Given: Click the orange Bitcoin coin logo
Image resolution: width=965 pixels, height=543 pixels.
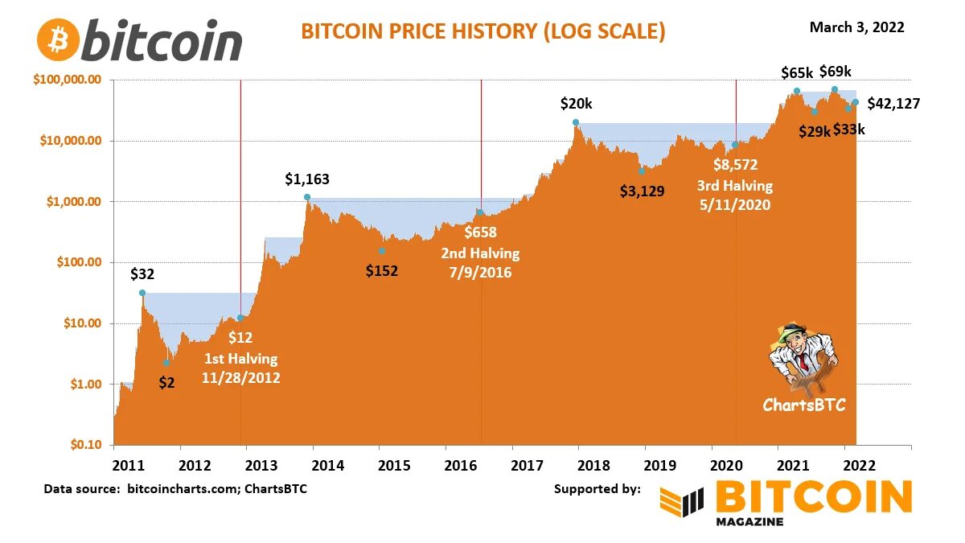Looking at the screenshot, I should point(58,39).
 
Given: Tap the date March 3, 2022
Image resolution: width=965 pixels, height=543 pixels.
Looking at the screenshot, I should point(856,27).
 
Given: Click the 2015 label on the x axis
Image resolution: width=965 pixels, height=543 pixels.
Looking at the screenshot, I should point(394,465).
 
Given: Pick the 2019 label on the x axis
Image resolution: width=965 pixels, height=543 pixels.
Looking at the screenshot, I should point(659,465).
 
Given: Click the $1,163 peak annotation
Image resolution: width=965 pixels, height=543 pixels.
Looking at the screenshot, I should point(307,179).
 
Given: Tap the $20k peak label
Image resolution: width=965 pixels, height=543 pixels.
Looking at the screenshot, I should point(576,104).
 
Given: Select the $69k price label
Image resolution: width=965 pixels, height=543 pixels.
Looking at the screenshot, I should point(835,72).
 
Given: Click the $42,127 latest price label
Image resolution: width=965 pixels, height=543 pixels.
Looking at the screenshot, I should point(893,103).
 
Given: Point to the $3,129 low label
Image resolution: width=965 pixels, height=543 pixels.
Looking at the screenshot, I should point(642,191).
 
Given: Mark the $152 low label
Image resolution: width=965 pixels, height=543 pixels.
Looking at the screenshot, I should point(382,270).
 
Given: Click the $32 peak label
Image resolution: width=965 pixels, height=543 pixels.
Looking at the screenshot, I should point(142,274).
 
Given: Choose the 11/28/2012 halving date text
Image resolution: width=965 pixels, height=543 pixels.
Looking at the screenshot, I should point(241,376).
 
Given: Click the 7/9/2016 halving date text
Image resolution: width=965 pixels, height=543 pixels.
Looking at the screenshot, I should point(480,272).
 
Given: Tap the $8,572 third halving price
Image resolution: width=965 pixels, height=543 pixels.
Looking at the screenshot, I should point(735,166).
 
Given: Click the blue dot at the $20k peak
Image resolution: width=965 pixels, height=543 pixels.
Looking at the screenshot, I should point(576,122).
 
